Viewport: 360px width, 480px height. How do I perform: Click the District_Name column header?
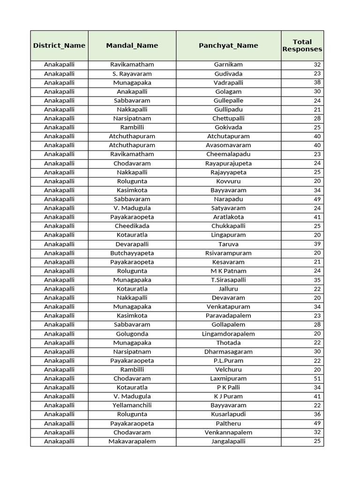(x=59, y=45)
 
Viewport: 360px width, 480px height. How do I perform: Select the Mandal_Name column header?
(x=132, y=45)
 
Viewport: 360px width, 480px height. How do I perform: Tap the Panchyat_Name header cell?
(x=228, y=45)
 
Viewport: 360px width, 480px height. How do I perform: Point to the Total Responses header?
(x=302, y=45)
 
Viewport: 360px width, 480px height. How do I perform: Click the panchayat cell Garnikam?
(x=228, y=65)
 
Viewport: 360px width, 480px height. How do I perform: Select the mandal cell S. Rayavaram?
(x=132, y=74)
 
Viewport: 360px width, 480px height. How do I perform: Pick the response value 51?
(x=317, y=378)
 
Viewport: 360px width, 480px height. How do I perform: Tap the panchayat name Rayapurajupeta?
(x=228, y=164)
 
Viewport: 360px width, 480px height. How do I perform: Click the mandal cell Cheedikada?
(x=132, y=226)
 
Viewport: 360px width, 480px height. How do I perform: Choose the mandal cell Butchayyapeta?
(x=132, y=253)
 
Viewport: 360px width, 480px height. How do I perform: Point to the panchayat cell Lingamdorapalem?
(x=228, y=334)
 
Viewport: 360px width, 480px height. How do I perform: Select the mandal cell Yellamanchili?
(x=132, y=405)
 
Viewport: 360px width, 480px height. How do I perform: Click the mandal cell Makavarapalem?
(x=132, y=441)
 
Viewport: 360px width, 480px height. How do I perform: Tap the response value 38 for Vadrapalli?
(x=317, y=82)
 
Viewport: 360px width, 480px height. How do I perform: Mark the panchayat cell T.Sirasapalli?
(x=228, y=280)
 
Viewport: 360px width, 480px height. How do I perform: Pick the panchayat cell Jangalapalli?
(x=228, y=441)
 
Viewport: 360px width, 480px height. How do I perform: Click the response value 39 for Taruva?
(x=317, y=244)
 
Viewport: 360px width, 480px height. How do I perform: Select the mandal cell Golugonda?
(x=132, y=334)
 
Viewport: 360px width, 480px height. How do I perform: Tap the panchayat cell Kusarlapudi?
(x=228, y=414)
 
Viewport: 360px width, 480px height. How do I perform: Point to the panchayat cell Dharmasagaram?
(x=228, y=352)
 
